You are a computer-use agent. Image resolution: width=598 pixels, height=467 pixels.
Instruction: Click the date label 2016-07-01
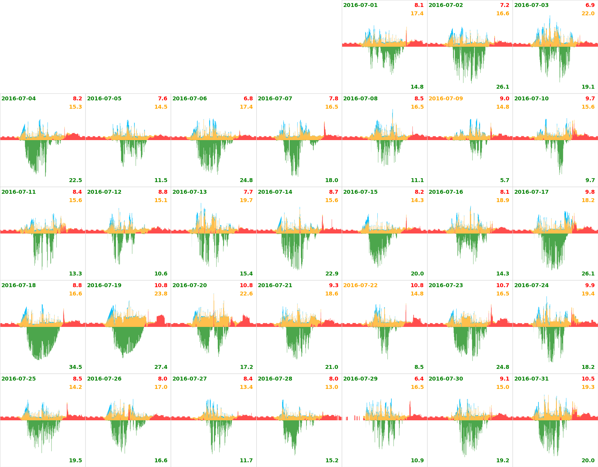360,5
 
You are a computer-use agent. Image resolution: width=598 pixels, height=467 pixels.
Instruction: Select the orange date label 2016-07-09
446,99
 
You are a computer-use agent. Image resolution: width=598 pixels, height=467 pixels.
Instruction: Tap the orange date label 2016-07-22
360,285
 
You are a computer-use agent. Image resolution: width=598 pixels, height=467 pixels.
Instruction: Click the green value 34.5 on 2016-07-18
75,367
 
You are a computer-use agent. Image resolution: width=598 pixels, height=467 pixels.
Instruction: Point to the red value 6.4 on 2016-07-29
419,379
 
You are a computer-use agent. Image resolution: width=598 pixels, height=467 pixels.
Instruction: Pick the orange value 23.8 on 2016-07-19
161,294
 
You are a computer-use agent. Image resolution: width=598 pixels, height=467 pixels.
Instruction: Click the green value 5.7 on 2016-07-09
505,180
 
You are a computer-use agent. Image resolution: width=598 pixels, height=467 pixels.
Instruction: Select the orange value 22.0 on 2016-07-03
588,14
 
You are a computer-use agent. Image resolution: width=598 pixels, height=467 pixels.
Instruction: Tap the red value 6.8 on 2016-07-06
248,99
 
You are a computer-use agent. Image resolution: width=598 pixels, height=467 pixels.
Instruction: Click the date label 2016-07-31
531,379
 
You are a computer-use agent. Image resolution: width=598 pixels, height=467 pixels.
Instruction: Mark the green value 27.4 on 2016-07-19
161,367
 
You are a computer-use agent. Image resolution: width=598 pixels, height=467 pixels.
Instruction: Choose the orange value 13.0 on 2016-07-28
332,387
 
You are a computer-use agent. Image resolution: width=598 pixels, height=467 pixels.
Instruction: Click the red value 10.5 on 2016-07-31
588,379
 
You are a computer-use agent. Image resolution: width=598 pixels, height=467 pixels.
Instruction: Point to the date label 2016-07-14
275,192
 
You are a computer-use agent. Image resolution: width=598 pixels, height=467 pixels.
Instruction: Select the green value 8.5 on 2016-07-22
419,367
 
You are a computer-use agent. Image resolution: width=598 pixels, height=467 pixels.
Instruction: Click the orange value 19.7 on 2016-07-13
246,200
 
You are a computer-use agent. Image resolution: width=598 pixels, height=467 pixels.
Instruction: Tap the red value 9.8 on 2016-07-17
590,192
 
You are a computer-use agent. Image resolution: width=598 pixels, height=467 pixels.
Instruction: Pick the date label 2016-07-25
18,379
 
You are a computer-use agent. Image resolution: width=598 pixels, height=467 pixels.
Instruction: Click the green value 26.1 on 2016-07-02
503,87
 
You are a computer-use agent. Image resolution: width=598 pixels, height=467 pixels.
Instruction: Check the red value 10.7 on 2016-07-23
503,285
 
